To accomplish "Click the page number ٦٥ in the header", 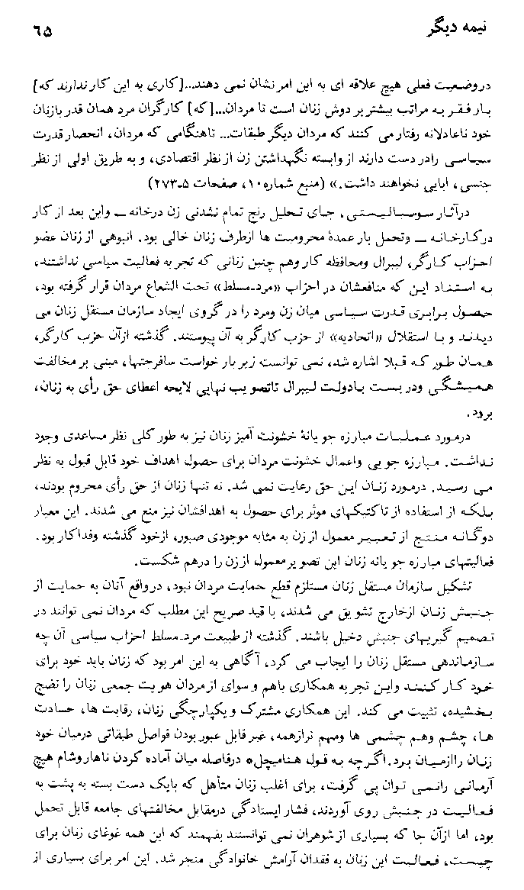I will [45, 34].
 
